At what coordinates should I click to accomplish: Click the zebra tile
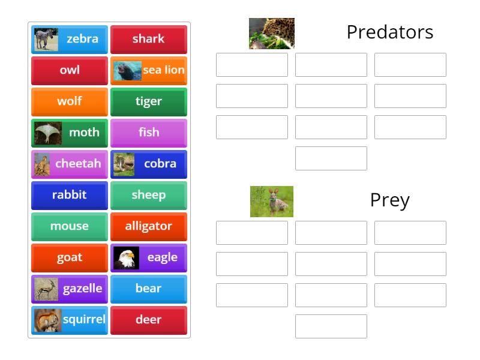click(70, 39)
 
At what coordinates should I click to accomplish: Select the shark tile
click(149, 39)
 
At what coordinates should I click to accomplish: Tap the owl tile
click(70, 70)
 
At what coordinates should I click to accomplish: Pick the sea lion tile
click(149, 70)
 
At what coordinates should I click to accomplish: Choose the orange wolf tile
click(70, 101)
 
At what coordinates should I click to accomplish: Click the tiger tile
click(149, 101)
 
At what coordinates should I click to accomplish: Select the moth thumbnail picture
click(48, 133)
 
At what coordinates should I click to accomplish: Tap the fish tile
click(149, 133)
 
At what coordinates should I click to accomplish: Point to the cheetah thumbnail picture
click(43, 164)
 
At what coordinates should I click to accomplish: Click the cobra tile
click(149, 164)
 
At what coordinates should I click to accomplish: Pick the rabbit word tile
click(70, 195)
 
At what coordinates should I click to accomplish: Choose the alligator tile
click(149, 226)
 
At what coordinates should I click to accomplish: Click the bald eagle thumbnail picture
click(126, 257)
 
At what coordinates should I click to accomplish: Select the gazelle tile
click(70, 289)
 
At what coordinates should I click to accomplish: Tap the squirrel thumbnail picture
click(47, 320)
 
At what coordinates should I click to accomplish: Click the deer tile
click(149, 320)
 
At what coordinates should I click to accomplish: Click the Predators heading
click(390, 32)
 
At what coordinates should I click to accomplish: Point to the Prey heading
click(390, 200)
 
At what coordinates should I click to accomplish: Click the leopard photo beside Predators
click(272, 34)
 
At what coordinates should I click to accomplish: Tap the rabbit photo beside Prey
click(272, 202)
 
